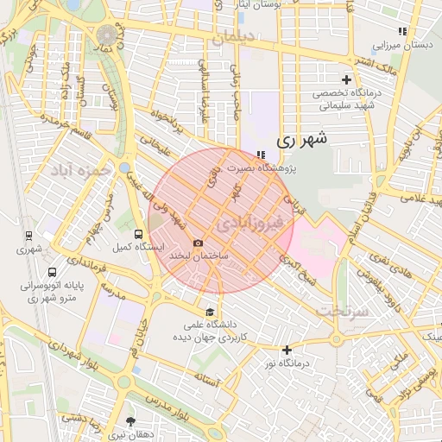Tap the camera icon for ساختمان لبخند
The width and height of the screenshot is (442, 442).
click(199, 243)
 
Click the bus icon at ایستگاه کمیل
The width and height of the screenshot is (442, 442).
click(140, 233)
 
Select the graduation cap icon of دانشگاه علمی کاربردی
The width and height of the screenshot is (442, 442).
click(210, 312)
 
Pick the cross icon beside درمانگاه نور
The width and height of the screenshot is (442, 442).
click(287, 350)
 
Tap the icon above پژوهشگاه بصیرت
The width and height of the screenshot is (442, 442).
click(260, 154)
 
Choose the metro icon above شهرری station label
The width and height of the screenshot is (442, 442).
click(28, 235)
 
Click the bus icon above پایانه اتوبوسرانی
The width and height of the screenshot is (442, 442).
click(53, 271)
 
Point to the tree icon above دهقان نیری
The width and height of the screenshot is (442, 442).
click(131, 421)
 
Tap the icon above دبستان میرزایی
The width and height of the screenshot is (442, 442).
click(402, 31)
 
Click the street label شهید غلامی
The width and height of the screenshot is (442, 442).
click(415, 199)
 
